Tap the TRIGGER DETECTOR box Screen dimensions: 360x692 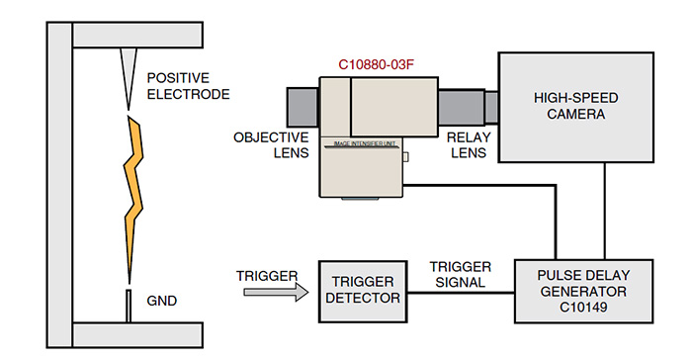[361, 290]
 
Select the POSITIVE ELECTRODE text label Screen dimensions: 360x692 [187, 86]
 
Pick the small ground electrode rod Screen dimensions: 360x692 [128, 306]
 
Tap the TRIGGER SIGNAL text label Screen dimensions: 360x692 [460, 275]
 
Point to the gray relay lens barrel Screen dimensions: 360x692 [463, 107]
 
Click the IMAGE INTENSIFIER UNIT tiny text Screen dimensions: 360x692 [364, 142]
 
